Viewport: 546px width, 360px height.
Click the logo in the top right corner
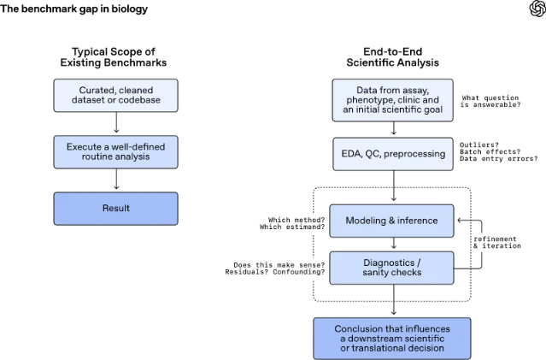coord(537,9)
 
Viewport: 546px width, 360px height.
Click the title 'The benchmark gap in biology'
coord(73,9)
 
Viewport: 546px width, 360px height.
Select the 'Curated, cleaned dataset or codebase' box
coord(115,95)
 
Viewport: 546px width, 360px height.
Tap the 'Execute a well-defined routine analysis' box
coord(115,152)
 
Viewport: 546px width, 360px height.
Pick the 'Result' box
coord(115,209)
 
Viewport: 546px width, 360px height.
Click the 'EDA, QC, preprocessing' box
coord(393,154)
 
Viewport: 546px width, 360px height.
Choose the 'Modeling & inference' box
coord(391,221)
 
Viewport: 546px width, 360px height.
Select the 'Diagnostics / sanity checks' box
coord(391,268)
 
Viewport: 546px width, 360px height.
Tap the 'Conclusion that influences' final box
coord(392,339)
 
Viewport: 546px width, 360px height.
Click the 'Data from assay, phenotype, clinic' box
coord(393,100)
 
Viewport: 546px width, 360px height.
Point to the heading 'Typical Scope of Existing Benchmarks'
coord(114,57)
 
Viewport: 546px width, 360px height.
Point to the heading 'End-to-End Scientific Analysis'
coord(393,57)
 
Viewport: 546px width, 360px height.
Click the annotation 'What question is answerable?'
coord(490,101)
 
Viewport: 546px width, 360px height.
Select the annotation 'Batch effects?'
coord(490,151)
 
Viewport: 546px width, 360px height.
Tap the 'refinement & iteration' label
coord(497,242)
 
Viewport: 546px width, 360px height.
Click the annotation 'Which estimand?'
coord(292,227)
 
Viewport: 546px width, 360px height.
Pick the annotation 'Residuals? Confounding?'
coord(275,272)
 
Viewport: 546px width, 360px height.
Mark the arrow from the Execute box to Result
coord(116,179)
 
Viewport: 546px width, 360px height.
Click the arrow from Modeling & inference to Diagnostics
coord(394,243)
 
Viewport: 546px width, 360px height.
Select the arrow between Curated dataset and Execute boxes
coord(116,122)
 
